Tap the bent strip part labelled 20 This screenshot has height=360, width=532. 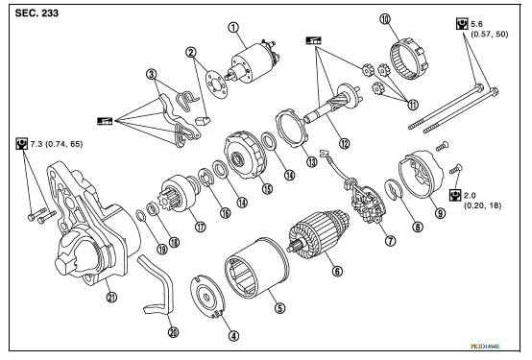156,288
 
